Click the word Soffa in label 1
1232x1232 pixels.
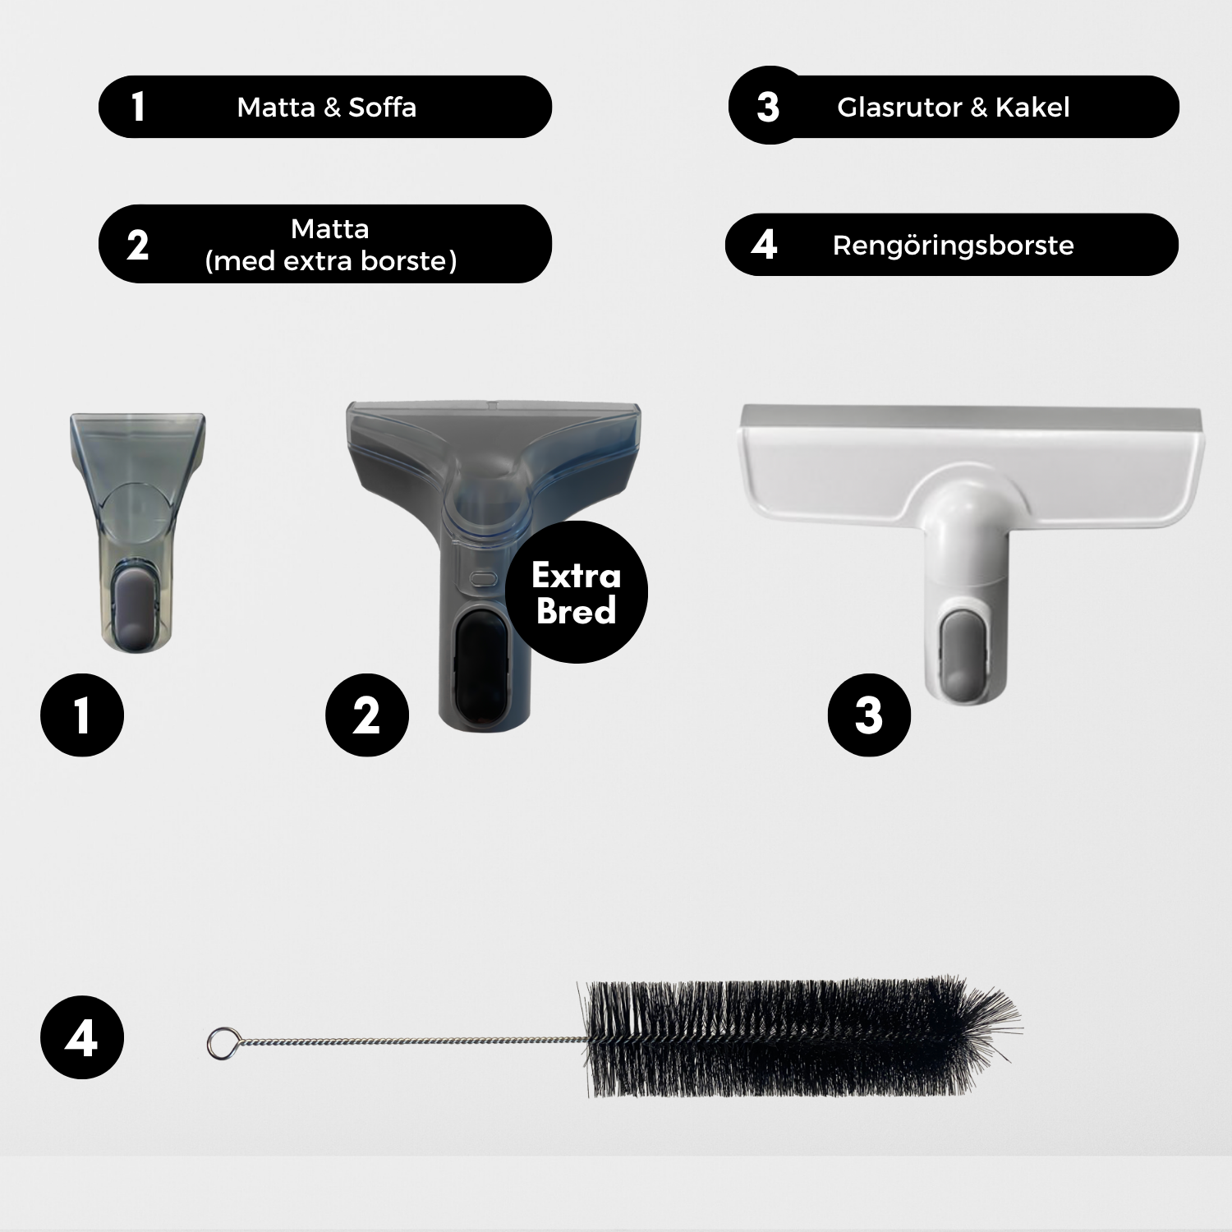tap(382, 108)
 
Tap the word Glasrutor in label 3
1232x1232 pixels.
tap(899, 108)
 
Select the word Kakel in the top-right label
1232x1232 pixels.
tap(1032, 108)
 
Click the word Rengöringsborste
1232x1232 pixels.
tap(953, 246)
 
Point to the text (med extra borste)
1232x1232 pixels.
tap(330, 261)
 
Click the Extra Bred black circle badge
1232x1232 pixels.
tap(577, 592)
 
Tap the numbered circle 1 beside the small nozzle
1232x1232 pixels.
tap(82, 715)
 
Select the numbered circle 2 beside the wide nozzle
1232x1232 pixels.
tap(367, 715)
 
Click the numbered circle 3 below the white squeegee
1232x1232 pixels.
tap(869, 715)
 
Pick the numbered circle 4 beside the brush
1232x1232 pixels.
tap(82, 1038)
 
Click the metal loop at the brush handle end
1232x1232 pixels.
tap(219, 1043)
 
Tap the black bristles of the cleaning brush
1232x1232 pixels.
tap(801, 1038)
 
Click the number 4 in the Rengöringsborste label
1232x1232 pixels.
tap(764, 245)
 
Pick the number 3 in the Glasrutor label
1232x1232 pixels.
tap(768, 108)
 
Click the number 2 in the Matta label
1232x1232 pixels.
tap(137, 245)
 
